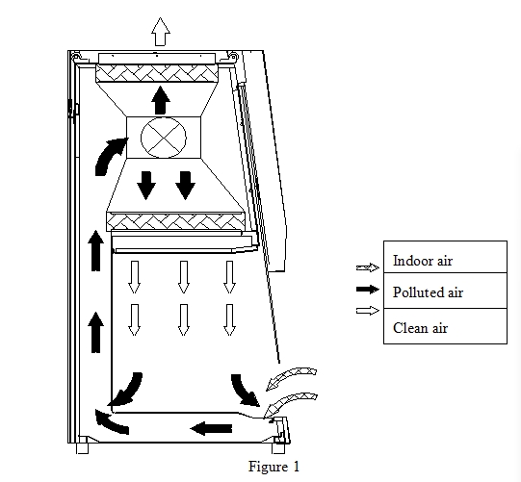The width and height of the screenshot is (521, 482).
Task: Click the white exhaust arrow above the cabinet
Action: point(161,32)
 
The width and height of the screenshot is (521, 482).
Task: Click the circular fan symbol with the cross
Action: point(164,138)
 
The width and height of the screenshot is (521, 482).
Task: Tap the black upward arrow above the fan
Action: point(161,100)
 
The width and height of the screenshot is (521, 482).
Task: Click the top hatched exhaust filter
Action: point(157,73)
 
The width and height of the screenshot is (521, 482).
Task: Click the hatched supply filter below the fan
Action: point(176,221)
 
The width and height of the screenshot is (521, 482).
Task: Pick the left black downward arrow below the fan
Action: point(145,186)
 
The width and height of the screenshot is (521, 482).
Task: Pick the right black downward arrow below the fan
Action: point(185,186)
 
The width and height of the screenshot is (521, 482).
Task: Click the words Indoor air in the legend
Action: point(423,261)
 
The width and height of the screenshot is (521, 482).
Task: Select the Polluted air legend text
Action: point(428,292)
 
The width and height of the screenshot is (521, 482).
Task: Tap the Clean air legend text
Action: point(420,328)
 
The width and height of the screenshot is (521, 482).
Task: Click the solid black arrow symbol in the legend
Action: point(368,290)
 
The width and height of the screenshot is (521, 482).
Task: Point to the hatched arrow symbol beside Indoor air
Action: point(368,267)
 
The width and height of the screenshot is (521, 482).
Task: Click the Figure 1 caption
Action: point(274,467)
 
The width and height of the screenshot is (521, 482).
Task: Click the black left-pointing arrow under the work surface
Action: point(211,428)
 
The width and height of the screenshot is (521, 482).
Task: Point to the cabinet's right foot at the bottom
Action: point(278,448)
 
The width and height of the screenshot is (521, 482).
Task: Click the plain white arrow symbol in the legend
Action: point(368,311)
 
